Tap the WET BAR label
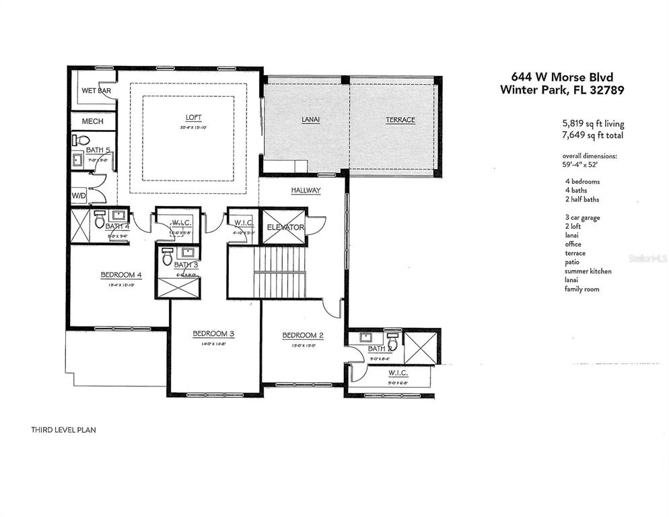pos(96,90)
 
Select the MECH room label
pos(92,121)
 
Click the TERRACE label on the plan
pos(400,120)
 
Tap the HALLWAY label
pos(306,191)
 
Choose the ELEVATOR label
pos(285,228)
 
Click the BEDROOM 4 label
pos(121,275)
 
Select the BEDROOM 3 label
pos(213,333)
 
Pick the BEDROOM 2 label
pos(303,335)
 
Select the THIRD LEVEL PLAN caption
pos(63,429)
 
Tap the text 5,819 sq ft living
pos(593,124)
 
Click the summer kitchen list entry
pos(588,271)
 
